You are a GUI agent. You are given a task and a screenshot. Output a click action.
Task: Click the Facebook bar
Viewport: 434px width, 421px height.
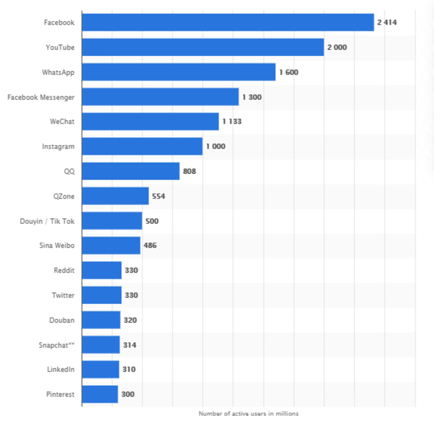click(x=228, y=22)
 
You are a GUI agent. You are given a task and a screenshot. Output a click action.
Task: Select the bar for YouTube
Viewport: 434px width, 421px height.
click(x=203, y=47)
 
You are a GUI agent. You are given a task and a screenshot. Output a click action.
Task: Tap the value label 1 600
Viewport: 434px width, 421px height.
click(x=289, y=72)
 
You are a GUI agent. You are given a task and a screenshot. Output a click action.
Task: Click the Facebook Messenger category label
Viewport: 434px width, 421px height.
click(x=41, y=97)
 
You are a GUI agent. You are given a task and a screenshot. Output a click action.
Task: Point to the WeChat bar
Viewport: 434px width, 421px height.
click(x=150, y=121)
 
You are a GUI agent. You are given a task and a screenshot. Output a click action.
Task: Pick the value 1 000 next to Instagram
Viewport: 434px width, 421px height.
click(x=216, y=146)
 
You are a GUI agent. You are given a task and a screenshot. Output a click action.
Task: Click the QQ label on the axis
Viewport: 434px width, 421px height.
click(x=69, y=171)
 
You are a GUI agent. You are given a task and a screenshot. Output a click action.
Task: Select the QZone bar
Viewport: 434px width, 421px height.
click(x=115, y=196)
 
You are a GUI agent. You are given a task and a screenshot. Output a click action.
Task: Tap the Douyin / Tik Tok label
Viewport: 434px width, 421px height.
click(x=47, y=221)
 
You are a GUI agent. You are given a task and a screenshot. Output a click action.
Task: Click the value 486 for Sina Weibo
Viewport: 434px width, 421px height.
click(x=150, y=246)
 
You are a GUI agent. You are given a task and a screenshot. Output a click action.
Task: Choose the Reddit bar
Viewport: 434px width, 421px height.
click(x=102, y=270)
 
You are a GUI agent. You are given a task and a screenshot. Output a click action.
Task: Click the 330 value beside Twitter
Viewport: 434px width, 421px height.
click(x=131, y=295)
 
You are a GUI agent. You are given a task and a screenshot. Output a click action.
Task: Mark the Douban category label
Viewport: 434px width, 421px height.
click(x=62, y=320)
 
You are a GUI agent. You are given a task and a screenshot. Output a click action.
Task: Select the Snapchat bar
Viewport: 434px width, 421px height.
click(x=101, y=345)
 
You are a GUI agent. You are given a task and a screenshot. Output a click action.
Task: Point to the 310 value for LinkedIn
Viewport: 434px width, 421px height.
click(x=129, y=369)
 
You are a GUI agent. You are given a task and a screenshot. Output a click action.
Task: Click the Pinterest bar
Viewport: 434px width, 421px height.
click(x=100, y=394)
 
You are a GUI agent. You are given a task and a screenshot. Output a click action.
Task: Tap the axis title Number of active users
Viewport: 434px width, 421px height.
click(x=248, y=414)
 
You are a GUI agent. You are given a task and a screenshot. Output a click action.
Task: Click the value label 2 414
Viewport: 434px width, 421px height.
click(x=387, y=22)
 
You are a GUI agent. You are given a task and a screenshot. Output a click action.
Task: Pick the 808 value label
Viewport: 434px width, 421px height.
click(x=189, y=171)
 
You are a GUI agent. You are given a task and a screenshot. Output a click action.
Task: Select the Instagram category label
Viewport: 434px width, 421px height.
click(x=58, y=147)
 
